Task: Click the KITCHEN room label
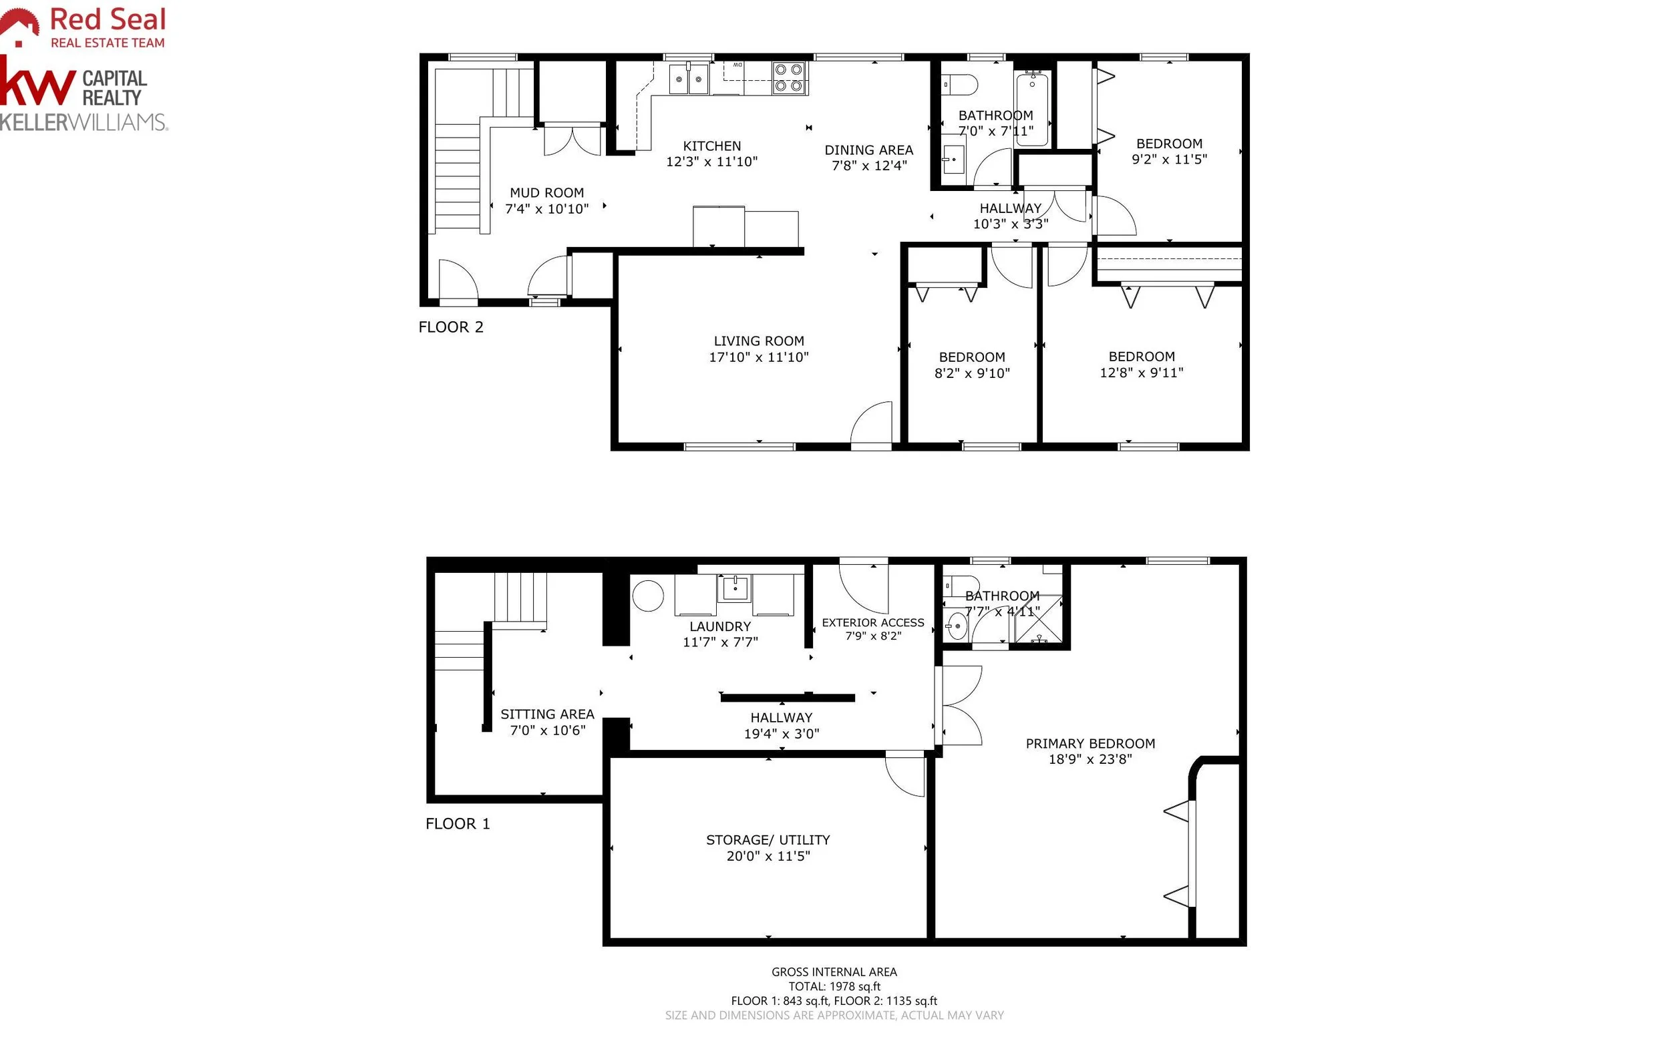pos(711,146)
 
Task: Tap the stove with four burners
pos(790,77)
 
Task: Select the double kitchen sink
pos(689,79)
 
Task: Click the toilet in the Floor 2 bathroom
pos(959,85)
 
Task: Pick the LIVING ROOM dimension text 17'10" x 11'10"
pos(758,357)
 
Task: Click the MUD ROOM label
pos(546,193)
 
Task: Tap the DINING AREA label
pos(868,150)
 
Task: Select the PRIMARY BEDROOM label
pos(1090,744)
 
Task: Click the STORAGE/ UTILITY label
pos(768,840)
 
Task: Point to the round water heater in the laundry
pos(647,596)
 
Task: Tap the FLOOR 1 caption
pos(458,823)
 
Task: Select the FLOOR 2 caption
pos(451,327)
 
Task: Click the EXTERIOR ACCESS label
pos(873,622)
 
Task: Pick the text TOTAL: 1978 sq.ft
pos(834,986)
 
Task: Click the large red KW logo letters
pos(38,84)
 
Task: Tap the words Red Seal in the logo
pos(108,19)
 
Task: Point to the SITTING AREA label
pos(547,714)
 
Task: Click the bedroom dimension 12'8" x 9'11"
pos(1142,373)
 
